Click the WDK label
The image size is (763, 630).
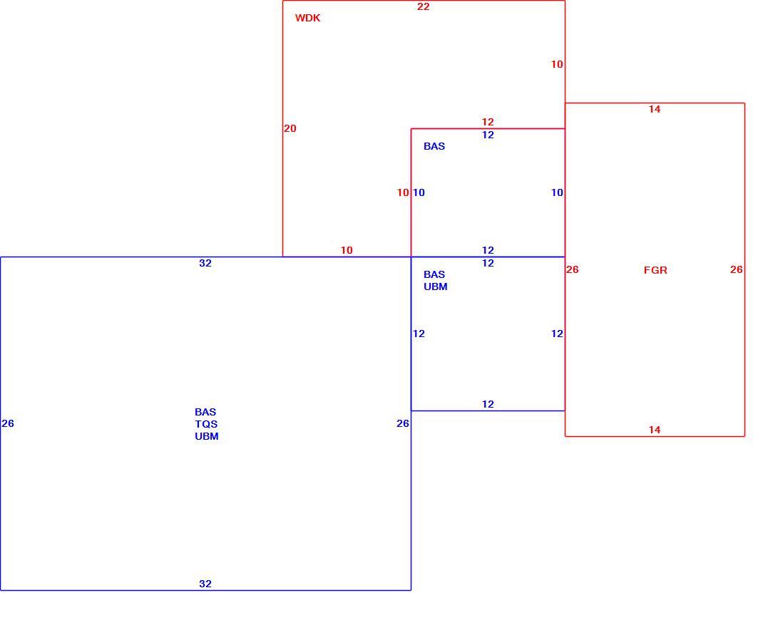307,18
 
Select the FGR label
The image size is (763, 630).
655,270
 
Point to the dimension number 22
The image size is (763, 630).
424,6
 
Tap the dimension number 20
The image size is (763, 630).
290,128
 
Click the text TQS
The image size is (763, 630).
206,424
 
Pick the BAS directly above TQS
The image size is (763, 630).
205,412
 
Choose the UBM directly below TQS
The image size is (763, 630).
207,436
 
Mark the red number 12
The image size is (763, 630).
488,122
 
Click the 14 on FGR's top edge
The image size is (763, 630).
655,110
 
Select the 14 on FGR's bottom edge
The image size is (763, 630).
655,430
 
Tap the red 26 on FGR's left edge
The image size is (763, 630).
573,269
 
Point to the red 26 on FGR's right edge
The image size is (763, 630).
736,269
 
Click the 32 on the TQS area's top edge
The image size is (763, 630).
205,263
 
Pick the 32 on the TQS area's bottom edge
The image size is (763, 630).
205,584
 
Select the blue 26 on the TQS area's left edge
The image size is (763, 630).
8,424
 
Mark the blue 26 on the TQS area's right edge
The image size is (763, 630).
403,424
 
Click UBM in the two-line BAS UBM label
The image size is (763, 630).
436,287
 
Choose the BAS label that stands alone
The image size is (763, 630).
434,146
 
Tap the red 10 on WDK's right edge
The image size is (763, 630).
557,64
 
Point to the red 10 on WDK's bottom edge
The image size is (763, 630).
347,251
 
